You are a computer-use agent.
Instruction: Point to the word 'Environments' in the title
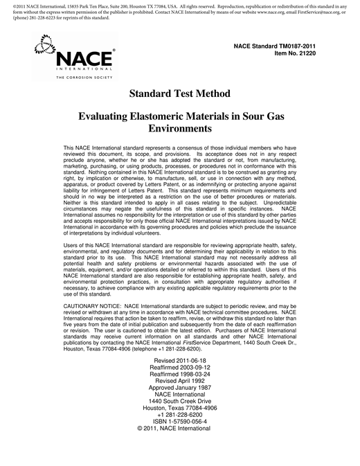tap(179, 129)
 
